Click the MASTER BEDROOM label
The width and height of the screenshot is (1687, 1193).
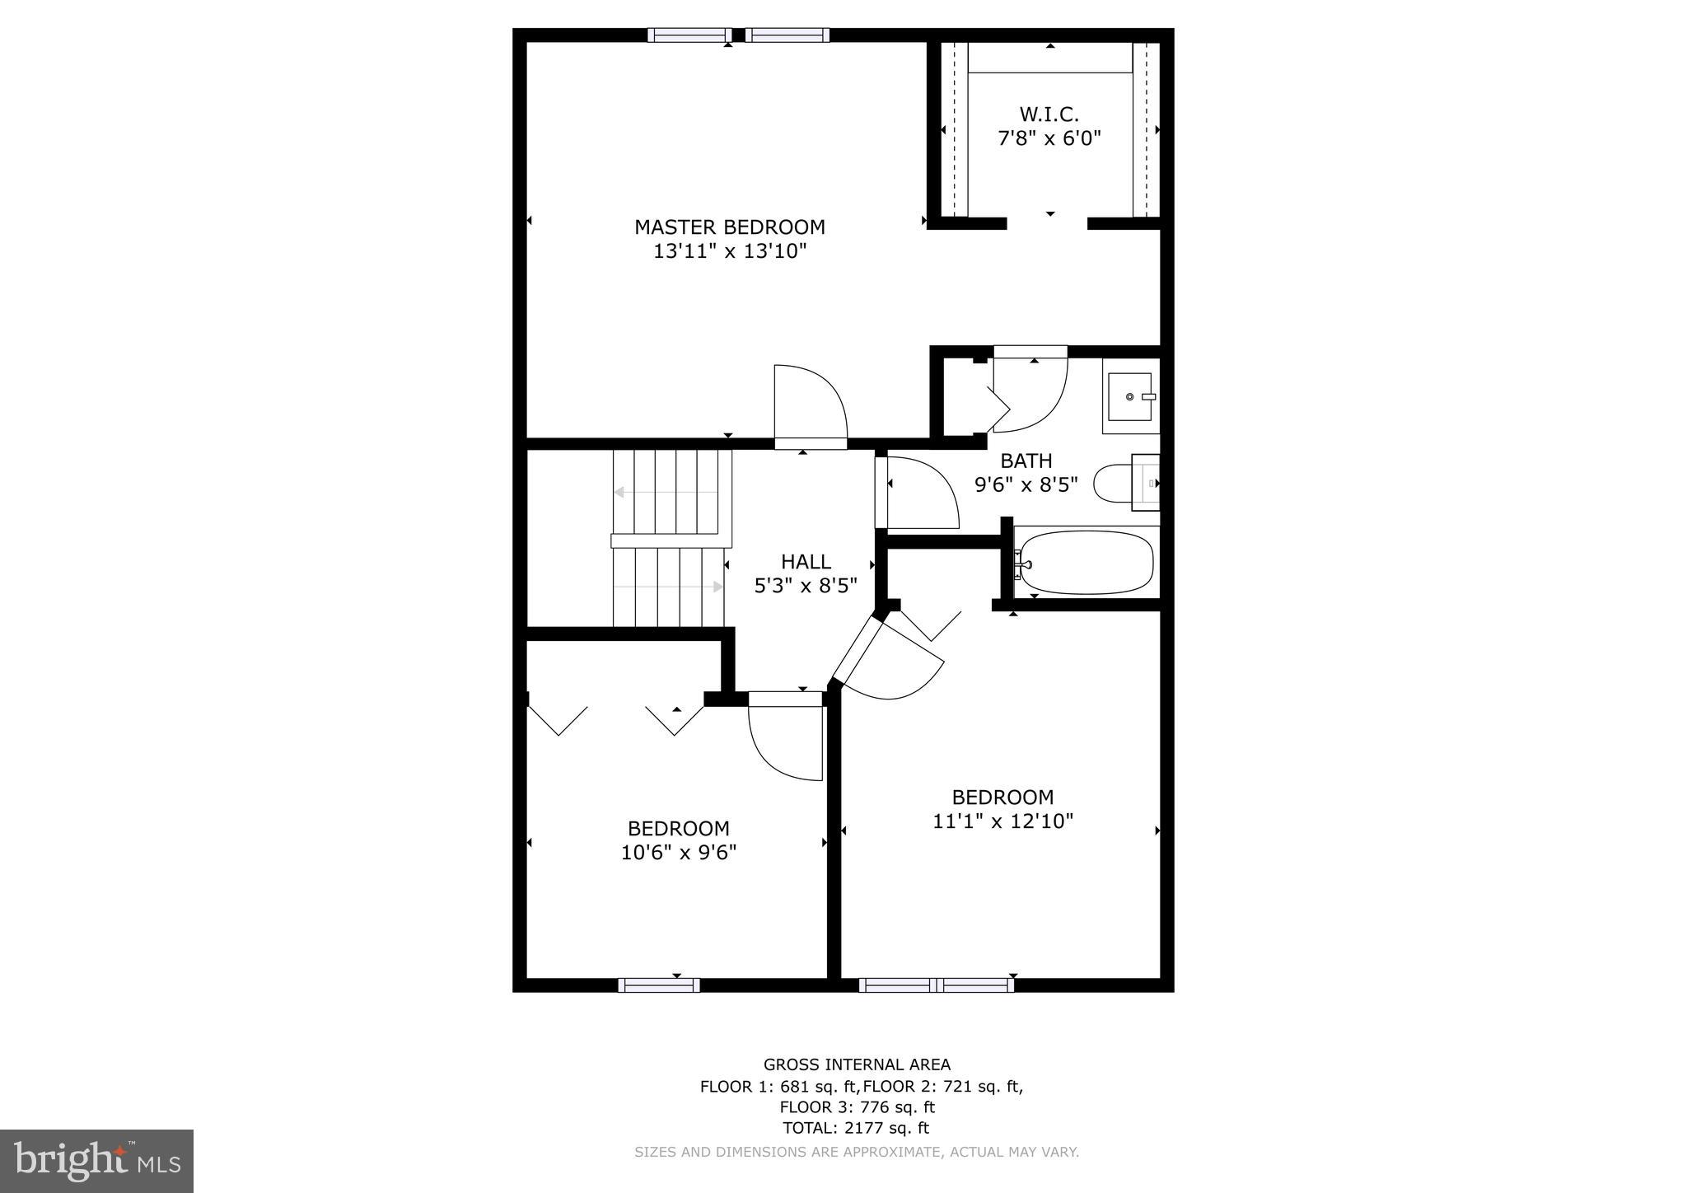[x=729, y=227]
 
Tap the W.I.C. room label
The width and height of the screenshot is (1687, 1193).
[x=1049, y=115]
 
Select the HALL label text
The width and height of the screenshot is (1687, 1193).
[x=806, y=562]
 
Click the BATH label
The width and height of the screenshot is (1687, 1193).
[x=1026, y=461]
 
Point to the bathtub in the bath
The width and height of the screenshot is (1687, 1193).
[x=1083, y=563]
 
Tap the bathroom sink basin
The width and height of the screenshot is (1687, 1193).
[x=1129, y=397]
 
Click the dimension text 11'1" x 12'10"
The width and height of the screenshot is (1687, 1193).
[x=1002, y=821]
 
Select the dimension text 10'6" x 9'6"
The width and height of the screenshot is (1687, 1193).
[x=678, y=852]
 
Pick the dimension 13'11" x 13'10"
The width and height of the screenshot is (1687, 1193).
[x=729, y=251]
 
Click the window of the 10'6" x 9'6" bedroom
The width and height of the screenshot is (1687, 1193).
[x=659, y=985]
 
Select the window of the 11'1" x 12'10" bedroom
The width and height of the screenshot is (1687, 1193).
[x=937, y=985]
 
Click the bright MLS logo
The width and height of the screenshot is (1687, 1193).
[x=96, y=1162]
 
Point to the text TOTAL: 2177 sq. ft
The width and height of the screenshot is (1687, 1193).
[x=856, y=1128]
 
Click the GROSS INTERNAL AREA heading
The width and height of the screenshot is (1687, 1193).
[x=857, y=1064]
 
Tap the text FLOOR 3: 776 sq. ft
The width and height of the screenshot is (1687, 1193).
[x=857, y=1107]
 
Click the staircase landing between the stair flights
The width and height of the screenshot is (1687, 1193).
[x=671, y=540]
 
